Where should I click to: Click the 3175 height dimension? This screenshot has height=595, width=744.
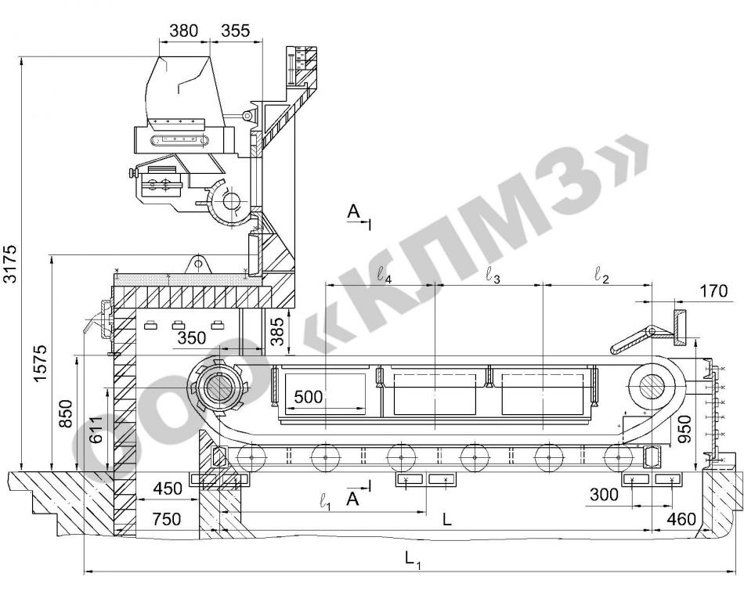tap(10, 263)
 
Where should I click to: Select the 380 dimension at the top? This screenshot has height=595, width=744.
tap(183, 31)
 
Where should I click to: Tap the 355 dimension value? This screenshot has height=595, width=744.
tap(236, 31)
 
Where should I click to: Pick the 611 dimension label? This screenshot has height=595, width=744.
tap(96, 431)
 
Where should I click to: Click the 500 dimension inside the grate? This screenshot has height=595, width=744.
tap(309, 397)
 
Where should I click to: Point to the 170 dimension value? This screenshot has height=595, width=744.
tap(713, 291)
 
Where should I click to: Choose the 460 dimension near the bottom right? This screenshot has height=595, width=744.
tap(681, 520)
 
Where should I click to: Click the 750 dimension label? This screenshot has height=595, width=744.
tap(167, 519)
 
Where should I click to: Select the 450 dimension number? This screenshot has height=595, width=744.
tap(168, 489)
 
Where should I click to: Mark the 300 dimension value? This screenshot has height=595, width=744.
tap(604, 495)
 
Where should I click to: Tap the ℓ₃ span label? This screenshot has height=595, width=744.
tap(493, 276)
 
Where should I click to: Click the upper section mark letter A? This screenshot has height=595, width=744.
tap(353, 211)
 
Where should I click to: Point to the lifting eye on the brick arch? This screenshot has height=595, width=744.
tap(197, 265)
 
